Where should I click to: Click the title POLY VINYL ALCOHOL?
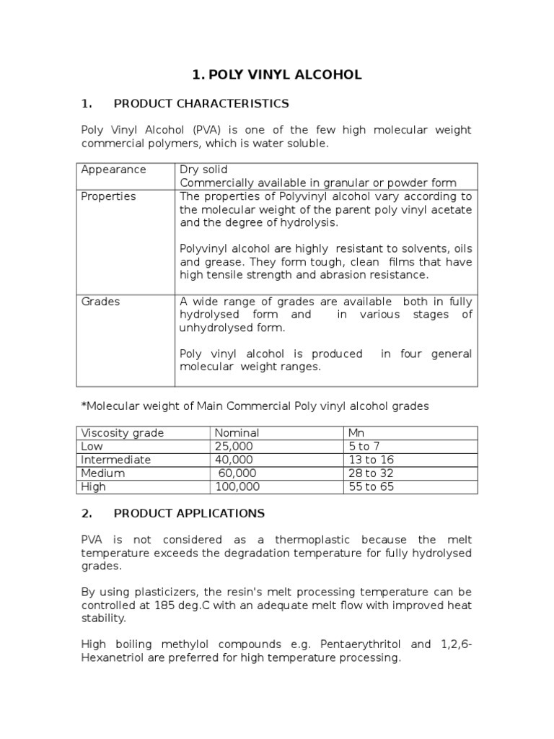point(277,75)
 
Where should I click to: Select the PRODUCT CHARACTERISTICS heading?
point(201,103)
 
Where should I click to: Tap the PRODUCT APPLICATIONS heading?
point(189,514)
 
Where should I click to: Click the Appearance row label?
point(113,170)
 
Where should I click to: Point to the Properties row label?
point(108,196)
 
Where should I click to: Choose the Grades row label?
point(100,302)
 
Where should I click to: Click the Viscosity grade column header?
point(123,433)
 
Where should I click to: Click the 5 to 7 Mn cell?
point(364,447)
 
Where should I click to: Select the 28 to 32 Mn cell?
point(371,473)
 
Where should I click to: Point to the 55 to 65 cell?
point(371,487)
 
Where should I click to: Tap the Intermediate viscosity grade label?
point(116,460)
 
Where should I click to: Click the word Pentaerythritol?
point(360,644)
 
